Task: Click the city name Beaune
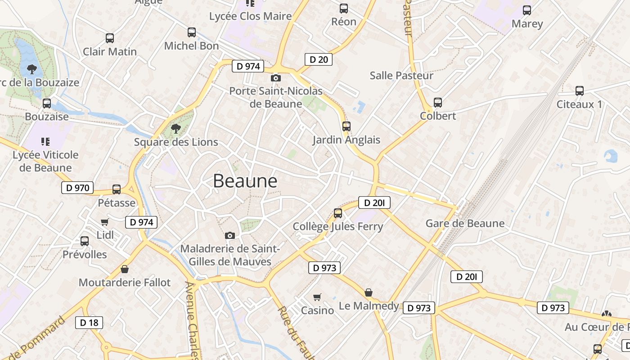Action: (245, 181)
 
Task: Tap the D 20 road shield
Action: (319, 59)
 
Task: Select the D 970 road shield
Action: (77, 188)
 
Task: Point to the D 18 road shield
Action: (89, 322)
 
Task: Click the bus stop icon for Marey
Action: (526, 10)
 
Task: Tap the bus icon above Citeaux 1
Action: (580, 91)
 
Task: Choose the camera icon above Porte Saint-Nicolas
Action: (276, 78)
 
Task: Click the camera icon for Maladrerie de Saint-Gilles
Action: (230, 235)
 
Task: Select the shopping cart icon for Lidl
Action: (105, 222)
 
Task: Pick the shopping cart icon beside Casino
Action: (317, 297)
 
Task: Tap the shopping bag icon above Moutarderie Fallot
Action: (125, 269)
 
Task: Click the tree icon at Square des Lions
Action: (176, 129)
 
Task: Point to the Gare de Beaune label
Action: (465, 223)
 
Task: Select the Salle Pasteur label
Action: (401, 76)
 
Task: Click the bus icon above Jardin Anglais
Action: (346, 126)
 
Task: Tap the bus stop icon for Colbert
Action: (437, 103)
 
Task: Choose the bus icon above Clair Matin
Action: (110, 38)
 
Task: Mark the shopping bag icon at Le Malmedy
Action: (369, 293)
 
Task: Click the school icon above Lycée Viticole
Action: (45, 142)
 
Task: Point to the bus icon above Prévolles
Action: (85, 241)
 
